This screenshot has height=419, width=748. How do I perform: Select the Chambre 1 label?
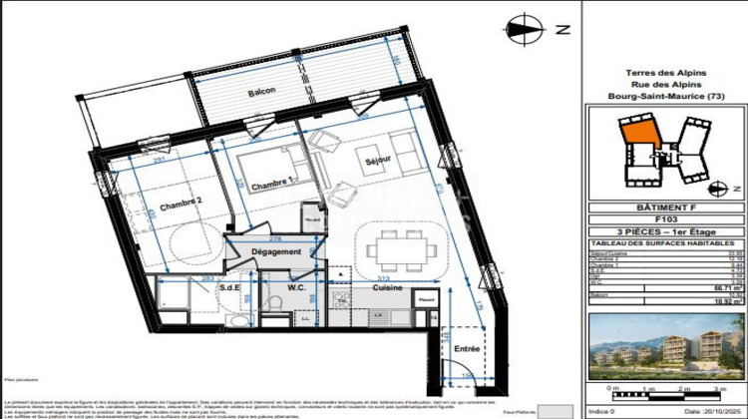(x=272, y=185)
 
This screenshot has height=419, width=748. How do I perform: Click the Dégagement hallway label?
(x=275, y=252)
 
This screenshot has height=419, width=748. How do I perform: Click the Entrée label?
(x=467, y=349)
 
